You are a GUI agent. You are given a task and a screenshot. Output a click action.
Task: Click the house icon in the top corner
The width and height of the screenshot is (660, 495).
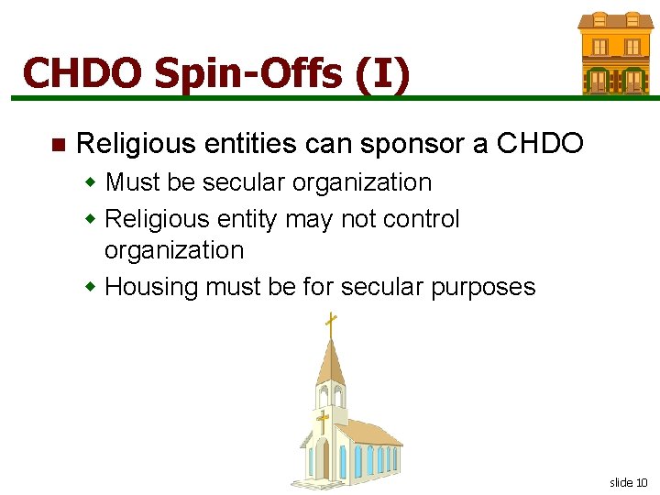[614, 53]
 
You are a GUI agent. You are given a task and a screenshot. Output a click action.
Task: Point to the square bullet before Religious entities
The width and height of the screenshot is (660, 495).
[58, 145]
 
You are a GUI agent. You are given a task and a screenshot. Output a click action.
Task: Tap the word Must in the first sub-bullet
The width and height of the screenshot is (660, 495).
[133, 182]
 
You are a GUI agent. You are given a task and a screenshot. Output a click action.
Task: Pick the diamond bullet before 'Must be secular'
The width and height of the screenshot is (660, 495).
[91, 182]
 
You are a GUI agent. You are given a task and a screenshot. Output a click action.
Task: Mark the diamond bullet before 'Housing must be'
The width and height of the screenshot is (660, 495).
[91, 287]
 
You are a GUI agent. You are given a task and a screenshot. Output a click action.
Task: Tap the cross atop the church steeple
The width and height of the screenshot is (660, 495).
[330, 323]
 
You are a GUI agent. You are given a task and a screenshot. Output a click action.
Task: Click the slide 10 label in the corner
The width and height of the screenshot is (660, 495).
[628, 482]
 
